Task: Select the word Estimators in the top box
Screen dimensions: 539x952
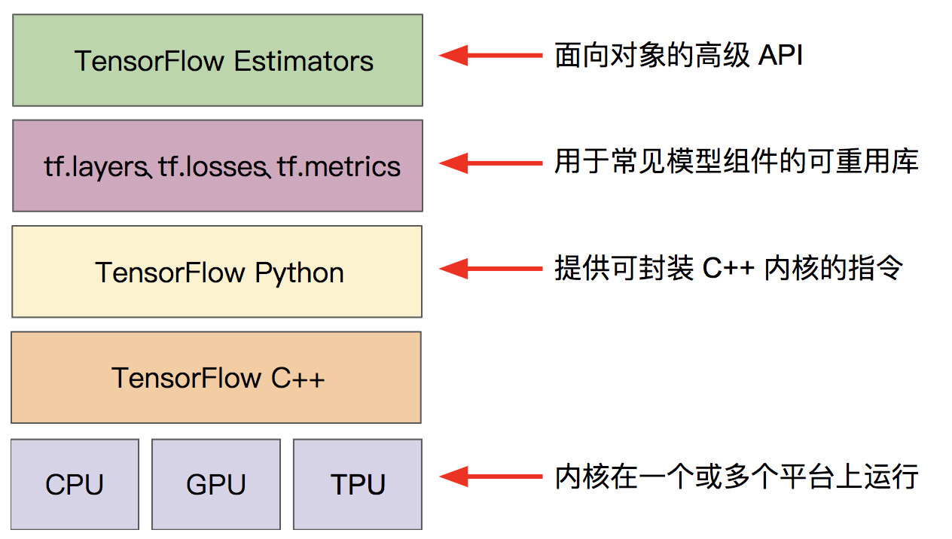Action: point(304,61)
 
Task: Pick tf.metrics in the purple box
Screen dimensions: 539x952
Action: point(339,166)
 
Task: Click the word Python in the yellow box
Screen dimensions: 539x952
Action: point(299,273)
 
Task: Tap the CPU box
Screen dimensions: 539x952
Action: point(75,484)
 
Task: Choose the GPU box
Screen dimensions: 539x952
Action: point(216,484)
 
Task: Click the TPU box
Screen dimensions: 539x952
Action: point(358,484)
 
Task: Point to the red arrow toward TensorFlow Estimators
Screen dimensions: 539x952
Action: point(490,55)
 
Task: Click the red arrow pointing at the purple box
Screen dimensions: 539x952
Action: point(490,162)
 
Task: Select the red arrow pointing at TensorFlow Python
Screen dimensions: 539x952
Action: point(490,268)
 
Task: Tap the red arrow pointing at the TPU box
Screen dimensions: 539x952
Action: point(490,476)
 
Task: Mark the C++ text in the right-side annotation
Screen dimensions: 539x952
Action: point(728,269)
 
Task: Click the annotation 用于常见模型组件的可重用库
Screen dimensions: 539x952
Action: point(737,162)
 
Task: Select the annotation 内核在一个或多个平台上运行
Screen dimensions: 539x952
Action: point(737,477)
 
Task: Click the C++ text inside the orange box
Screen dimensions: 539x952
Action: point(298,378)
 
